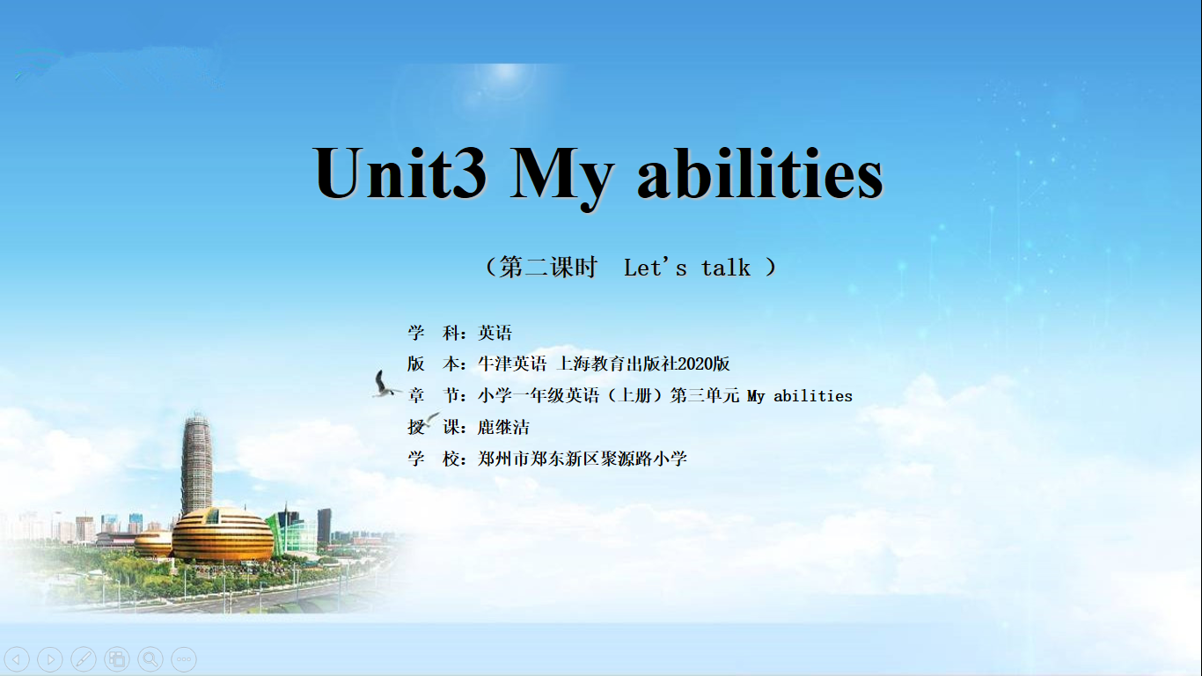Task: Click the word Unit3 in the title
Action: (399, 173)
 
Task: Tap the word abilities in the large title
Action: (760, 173)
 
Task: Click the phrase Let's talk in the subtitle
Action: (687, 268)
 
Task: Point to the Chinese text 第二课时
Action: (548, 267)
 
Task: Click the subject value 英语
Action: (495, 333)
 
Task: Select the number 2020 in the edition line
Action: (695, 364)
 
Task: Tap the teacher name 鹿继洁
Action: (503, 428)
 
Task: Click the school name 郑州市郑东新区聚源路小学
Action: (583, 459)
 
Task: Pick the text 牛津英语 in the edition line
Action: (512, 364)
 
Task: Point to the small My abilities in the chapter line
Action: (800, 396)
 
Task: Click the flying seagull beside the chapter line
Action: (385, 384)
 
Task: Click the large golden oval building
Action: (223, 534)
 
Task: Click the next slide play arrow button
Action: (50, 658)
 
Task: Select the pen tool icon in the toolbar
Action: (84, 658)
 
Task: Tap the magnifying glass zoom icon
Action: (150, 658)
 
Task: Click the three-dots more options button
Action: (184, 658)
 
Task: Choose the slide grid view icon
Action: (117, 658)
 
